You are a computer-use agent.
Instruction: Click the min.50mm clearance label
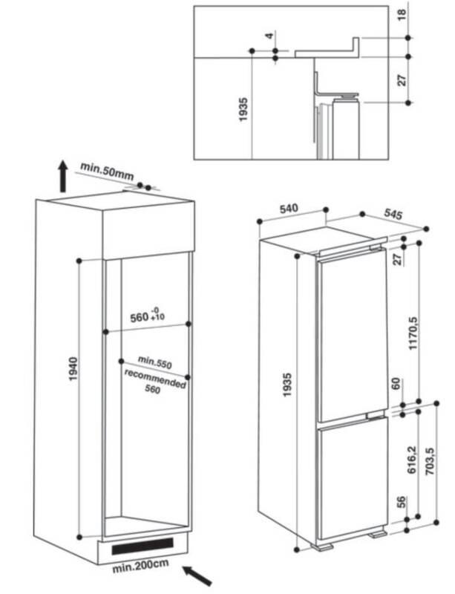[107, 172]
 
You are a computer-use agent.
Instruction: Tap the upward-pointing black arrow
[63, 176]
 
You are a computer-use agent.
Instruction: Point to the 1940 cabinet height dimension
[73, 368]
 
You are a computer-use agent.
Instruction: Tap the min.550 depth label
[154, 362]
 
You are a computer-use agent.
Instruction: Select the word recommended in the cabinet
[155, 379]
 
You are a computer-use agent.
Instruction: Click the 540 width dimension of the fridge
[289, 209]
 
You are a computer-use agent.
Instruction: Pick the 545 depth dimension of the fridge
[393, 214]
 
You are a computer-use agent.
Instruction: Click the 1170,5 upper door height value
[413, 333]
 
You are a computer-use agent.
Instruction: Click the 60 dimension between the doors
[396, 384]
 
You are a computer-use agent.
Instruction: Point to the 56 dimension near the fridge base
[401, 502]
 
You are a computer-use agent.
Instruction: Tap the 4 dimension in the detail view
[269, 36]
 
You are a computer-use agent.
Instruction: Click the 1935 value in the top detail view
[243, 110]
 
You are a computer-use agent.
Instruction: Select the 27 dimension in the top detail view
[402, 80]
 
